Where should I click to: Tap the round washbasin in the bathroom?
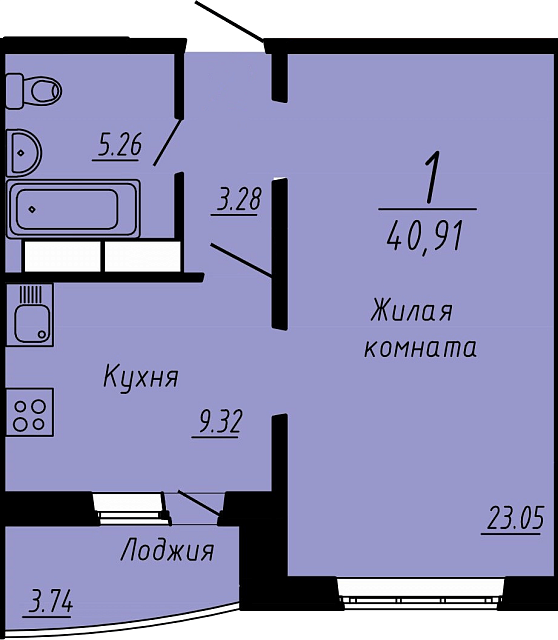pos(24,153)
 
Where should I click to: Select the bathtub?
pos(73,209)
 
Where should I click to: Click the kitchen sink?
pos(30,315)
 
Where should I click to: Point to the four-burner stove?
pos(30,413)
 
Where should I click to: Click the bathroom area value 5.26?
pos(119,146)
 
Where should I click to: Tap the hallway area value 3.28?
pos(238,200)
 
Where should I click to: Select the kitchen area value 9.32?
pos(219,422)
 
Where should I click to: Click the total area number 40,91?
pos(425,239)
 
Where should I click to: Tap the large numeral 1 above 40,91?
pos(432,177)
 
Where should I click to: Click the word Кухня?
pos(141,376)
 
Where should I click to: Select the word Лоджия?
pos(167,551)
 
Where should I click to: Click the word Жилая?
pos(411,311)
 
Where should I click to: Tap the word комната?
pos(420,348)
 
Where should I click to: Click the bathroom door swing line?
pos(167,142)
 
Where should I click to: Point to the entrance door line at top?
pos(230,21)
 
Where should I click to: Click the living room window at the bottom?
pos(422,593)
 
